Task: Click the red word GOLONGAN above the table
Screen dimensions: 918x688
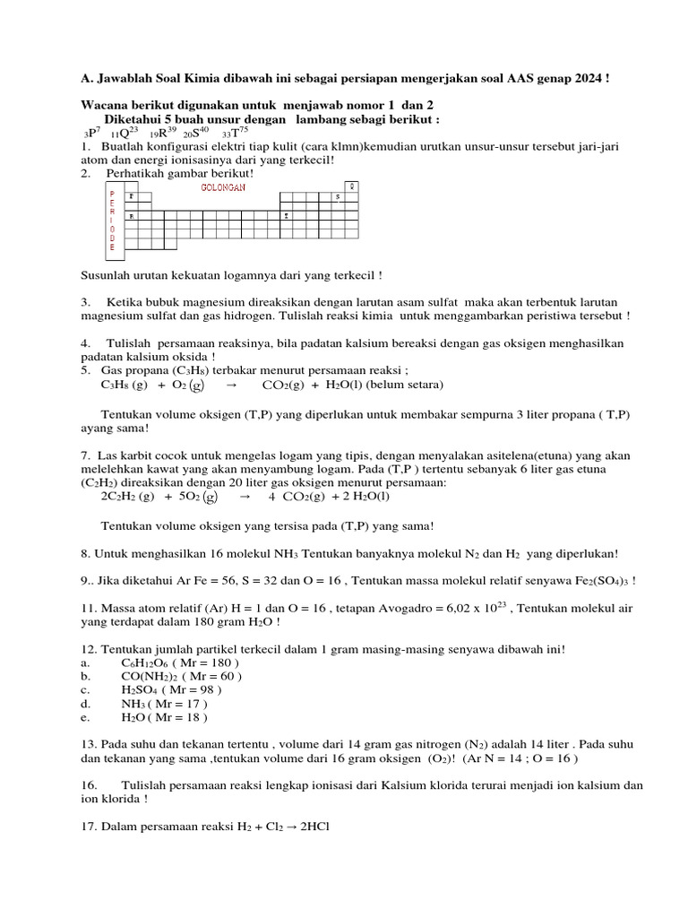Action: (x=217, y=186)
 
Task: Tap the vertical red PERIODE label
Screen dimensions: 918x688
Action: (x=112, y=221)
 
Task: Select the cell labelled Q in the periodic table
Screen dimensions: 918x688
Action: (x=352, y=186)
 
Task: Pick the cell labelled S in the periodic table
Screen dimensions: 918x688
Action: (x=338, y=196)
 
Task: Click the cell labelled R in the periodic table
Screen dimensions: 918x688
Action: (x=133, y=216)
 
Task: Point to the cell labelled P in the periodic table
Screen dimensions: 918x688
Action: (x=133, y=196)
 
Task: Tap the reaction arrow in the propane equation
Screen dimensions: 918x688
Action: (x=231, y=385)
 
